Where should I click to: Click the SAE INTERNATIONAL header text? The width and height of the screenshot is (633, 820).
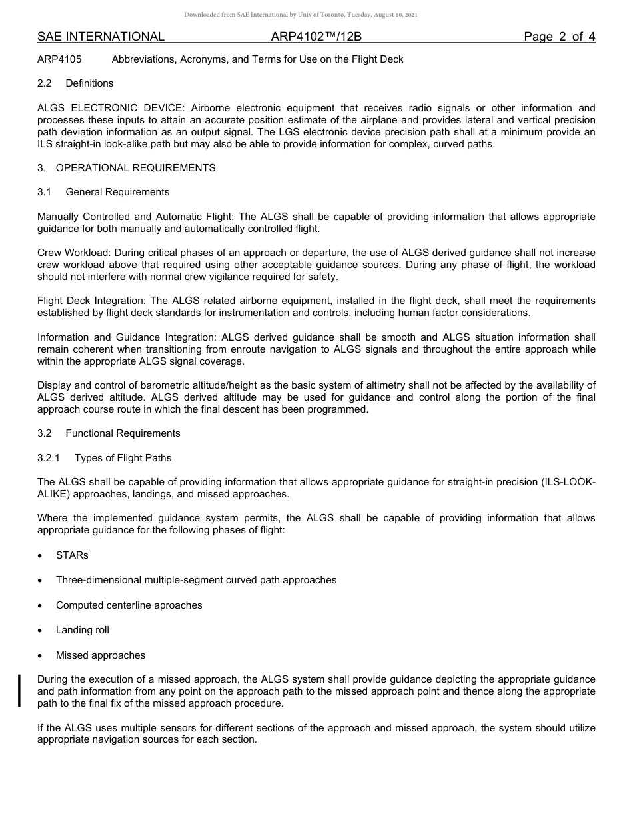101,37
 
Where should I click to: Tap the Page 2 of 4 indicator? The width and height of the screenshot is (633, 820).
559,37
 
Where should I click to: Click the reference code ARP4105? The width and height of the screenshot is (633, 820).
59,59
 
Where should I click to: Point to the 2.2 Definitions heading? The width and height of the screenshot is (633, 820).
75,83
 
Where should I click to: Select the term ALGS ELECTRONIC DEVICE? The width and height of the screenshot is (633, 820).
111,108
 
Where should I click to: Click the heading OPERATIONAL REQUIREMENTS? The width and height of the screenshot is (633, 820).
135,168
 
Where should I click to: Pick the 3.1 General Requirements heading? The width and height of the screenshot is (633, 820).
103,192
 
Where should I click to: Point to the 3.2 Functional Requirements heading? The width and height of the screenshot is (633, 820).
109,433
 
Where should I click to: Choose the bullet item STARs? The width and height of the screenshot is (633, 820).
72,555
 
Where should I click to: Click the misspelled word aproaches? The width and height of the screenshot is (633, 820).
179,605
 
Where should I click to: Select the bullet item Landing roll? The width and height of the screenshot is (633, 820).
82,630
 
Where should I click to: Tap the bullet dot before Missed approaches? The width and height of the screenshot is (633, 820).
41,656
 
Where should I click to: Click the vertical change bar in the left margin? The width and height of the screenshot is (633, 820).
19,691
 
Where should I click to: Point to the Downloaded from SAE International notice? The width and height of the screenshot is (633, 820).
301,15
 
